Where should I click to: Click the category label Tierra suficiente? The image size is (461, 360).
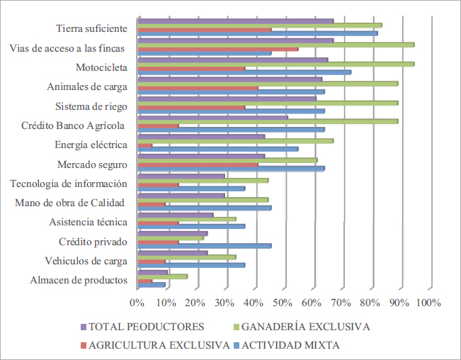click(x=91, y=29)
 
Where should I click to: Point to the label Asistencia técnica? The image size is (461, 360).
click(x=88, y=222)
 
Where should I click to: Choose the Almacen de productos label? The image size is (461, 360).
click(x=79, y=280)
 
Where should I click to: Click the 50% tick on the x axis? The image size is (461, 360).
click(x=283, y=303)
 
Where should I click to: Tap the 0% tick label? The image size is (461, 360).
click(x=137, y=303)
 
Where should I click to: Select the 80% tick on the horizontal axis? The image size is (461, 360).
click(x=370, y=303)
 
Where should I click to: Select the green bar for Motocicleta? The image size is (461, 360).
click(x=275, y=64)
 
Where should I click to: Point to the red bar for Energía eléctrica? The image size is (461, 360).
click(x=144, y=145)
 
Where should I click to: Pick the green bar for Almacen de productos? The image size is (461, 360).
click(x=162, y=276)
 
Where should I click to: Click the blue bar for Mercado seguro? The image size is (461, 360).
click(x=231, y=169)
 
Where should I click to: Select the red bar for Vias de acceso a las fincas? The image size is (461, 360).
click(x=217, y=49)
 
